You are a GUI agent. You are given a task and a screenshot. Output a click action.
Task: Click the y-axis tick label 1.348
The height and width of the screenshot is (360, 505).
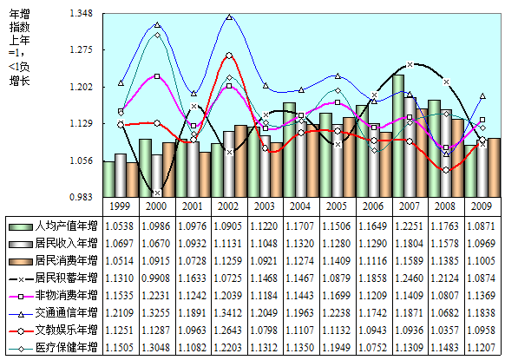tap(82, 13)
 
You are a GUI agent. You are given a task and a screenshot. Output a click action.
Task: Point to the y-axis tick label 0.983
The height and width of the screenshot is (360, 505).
tap(82, 197)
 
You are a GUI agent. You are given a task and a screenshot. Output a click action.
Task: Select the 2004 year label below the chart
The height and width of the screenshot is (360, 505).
tap(301, 206)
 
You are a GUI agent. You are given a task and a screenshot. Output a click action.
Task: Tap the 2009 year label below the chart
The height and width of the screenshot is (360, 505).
tap(482, 206)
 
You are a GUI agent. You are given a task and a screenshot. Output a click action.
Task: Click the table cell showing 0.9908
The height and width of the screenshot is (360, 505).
tap(156, 278)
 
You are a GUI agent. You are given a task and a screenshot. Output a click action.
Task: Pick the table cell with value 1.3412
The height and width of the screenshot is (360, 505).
tap(229, 312)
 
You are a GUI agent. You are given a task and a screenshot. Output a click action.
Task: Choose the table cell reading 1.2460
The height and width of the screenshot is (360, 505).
tap(410, 278)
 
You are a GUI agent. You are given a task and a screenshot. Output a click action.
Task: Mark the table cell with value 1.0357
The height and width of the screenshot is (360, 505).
tap(446, 330)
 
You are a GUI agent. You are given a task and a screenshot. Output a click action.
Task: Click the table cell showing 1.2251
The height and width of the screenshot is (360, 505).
tap(410, 226)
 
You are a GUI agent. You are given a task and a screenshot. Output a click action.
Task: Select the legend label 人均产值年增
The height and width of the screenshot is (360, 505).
tap(66, 226)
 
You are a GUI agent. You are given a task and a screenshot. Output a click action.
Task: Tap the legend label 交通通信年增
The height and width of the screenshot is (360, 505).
tap(66, 312)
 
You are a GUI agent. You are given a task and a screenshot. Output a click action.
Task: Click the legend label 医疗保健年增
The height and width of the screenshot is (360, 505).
tap(66, 348)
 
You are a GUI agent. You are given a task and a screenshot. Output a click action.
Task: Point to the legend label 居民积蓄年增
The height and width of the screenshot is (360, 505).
tap(66, 278)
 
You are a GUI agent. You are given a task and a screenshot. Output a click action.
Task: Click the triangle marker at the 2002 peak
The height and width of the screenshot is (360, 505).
tap(229, 16)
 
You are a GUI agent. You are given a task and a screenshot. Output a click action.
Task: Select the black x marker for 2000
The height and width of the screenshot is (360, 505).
tap(157, 193)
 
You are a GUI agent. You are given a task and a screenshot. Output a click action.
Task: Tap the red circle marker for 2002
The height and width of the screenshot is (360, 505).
tap(229, 56)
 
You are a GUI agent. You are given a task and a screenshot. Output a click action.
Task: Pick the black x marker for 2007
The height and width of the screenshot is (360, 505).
tap(410, 65)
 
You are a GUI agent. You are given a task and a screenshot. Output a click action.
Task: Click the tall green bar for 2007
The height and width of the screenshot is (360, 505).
tap(399, 136)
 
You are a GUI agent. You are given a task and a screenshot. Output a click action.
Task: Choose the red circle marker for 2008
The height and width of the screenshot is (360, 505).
tap(446, 170)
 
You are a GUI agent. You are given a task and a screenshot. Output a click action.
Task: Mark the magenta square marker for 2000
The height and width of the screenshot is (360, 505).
tap(157, 76)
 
